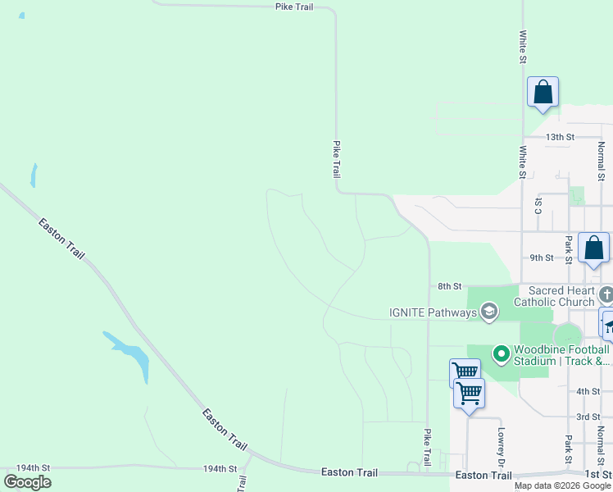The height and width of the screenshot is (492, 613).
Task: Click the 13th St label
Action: (x=561, y=137)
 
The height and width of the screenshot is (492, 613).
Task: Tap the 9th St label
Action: (x=541, y=257)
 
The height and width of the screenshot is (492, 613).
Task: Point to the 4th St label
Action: (x=588, y=392)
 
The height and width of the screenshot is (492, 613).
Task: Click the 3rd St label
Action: (x=588, y=417)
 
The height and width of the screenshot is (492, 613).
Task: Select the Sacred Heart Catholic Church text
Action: (x=555, y=296)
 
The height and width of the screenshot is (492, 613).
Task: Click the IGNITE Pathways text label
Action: (x=433, y=312)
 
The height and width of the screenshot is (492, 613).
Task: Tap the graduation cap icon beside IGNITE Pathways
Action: (x=489, y=312)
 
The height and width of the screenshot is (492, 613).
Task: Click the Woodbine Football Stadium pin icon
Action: (x=501, y=354)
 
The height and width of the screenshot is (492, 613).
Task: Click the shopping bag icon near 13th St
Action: (x=543, y=92)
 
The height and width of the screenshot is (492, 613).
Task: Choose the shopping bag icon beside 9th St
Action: (x=593, y=248)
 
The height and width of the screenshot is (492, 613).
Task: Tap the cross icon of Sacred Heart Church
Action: (x=606, y=295)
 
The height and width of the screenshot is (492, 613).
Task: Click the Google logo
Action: (x=27, y=482)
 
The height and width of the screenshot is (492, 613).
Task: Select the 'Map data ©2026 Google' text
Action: (x=562, y=485)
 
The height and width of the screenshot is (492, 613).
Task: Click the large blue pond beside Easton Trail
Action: (x=131, y=356)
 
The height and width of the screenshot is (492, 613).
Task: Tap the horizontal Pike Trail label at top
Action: (x=293, y=7)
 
